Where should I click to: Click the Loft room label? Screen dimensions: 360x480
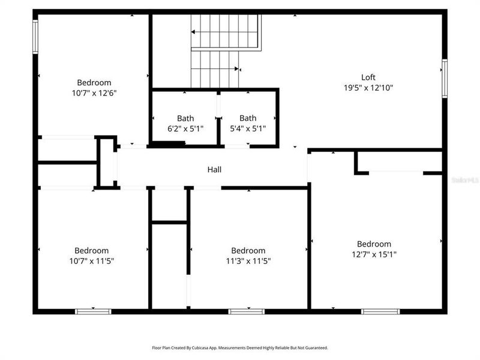[x=368, y=77]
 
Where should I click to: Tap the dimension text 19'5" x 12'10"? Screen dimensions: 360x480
[x=368, y=88]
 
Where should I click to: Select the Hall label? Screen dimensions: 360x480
[x=214, y=170]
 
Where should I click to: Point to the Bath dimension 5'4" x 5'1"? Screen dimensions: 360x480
[x=248, y=128]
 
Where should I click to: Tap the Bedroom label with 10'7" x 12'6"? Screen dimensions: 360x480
[x=94, y=82]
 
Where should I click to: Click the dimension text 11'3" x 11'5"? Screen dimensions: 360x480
[x=248, y=261]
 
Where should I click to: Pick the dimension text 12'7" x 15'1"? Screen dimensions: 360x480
[x=374, y=254]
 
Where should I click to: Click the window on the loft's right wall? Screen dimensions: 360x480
[x=445, y=77]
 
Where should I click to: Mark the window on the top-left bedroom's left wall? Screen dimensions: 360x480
[x=35, y=37]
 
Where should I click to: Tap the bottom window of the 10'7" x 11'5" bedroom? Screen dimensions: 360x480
[x=93, y=311]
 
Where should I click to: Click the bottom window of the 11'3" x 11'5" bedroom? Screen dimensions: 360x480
[x=247, y=311]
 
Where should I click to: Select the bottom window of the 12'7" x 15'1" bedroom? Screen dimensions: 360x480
[x=380, y=311]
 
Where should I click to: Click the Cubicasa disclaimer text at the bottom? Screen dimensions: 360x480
[x=240, y=347]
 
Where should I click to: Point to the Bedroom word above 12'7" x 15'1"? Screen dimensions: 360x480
[x=374, y=244]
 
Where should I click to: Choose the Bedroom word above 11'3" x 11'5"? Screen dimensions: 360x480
[x=248, y=250]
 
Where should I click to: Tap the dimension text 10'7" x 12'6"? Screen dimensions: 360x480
[x=94, y=93]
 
